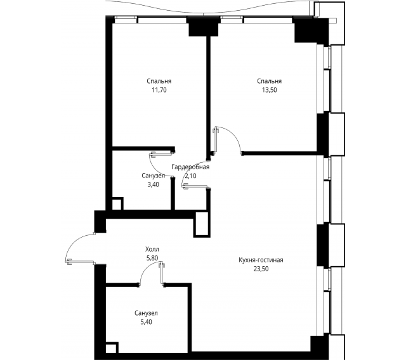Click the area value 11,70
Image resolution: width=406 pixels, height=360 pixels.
pyautogui.click(x=159, y=91)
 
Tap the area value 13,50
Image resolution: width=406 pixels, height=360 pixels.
pyautogui.click(x=269, y=91)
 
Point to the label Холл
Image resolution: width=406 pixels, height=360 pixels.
pyautogui.click(x=153, y=250)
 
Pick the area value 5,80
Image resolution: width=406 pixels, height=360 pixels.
pyautogui.click(x=153, y=259)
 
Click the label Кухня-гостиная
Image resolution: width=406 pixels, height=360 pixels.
pyautogui.click(x=261, y=260)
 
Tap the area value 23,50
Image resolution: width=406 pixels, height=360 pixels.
pyautogui.click(x=261, y=269)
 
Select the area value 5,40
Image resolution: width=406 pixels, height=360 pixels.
pyautogui.click(x=146, y=322)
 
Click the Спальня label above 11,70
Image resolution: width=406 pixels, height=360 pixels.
pyautogui.click(x=159, y=82)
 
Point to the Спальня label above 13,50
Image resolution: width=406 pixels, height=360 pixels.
pyautogui.click(x=269, y=82)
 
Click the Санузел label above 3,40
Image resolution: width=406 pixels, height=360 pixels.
pyautogui.click(x=154, y=175)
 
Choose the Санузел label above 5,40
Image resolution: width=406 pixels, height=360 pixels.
pyautogui.click(x=146, y=313)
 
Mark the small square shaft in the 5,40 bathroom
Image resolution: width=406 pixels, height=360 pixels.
pyautogui.click(x=112, y=348)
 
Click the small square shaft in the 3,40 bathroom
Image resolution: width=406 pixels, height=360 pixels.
pyautogui.click(x=117, y=205)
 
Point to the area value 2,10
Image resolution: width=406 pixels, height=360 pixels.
pyautogui.click(x=190, y=176)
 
